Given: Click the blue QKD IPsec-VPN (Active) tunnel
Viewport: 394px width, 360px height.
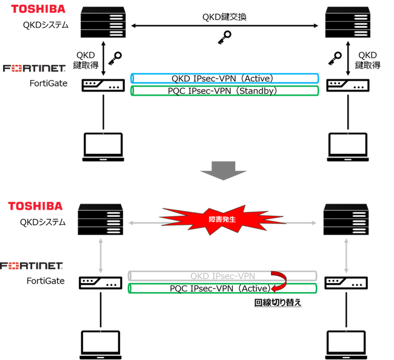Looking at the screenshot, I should pos(225,79).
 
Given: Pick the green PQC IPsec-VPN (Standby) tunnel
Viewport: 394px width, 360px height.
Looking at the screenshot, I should pos(225,91).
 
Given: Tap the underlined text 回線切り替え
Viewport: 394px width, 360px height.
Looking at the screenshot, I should pos(277,301).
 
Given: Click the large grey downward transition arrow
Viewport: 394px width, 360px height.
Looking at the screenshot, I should pos(225,170).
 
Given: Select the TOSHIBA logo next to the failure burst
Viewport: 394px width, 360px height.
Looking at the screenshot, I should pos(35,207).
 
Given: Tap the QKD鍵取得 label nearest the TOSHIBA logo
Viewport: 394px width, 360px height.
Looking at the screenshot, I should pos(84,59).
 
